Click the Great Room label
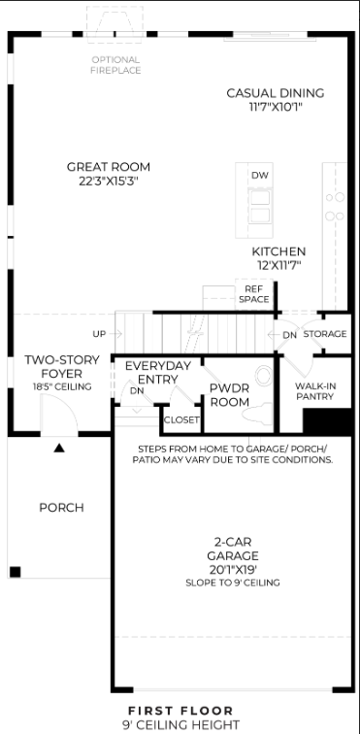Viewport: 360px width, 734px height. (109, 167)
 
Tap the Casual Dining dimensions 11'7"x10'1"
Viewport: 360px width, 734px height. (276, 107)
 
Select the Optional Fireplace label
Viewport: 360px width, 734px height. (116, 65)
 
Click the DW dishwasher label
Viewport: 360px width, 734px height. (260, 176)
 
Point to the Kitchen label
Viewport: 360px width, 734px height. (279, 251)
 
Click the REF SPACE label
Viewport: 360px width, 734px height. (253, 294)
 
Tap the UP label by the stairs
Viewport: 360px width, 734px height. (99, 334)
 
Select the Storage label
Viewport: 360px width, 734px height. (325, 334)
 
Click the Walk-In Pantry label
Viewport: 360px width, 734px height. (314, 391)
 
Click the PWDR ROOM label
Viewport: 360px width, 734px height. (229, 395)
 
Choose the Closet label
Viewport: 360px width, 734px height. (181, 419)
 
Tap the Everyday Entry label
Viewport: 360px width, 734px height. (158, 372)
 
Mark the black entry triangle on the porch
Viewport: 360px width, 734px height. (58, 448)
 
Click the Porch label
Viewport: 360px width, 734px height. (61, 508)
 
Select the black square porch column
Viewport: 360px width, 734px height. (15, 572)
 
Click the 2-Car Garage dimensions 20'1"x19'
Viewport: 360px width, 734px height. (233, 570)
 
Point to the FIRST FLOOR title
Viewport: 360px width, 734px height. (180, 711)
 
